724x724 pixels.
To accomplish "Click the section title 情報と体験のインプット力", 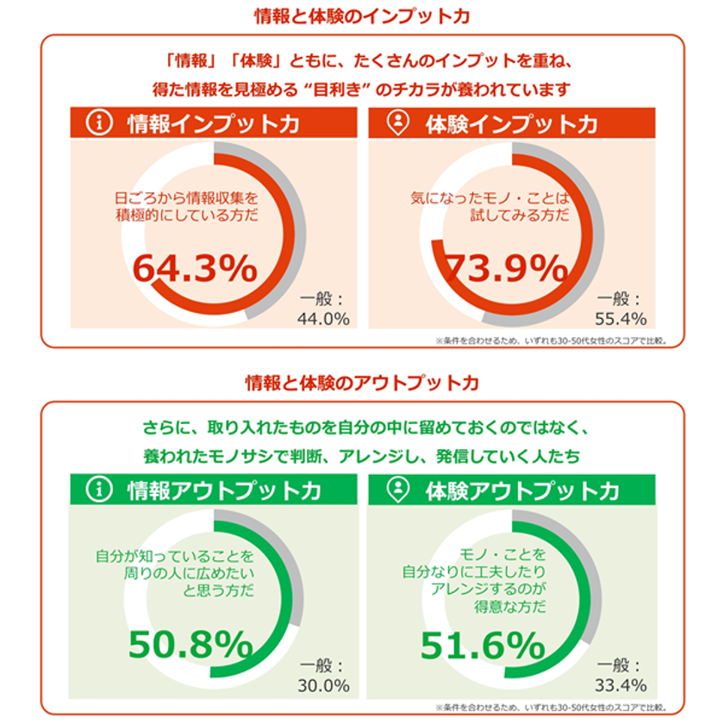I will pyautogui.click(x=362, y=16).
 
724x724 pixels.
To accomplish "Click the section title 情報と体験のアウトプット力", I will pyautogui.click(x=362, y=382).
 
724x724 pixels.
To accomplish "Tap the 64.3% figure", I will pyautogui.click(x=195, y=269).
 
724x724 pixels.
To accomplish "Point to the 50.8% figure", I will pyautogui.click(x=190, y=644).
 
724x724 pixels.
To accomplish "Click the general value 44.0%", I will pyautogui.click(x=324, y=319).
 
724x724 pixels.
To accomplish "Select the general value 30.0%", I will pyautogui.click(x=324, y=686).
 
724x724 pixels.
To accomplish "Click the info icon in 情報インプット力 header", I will pyautogui.click(x=101, y=123).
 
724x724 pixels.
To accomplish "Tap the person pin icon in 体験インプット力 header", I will pyautogui.click(x=398, y=123).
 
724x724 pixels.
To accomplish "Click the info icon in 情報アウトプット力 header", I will pyautogui.click(x=101, y=490).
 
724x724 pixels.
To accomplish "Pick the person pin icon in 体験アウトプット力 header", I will pyautogui.click(x=398, y=490).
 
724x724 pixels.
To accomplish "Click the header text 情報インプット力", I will pyautogui.click(x=213, y=123).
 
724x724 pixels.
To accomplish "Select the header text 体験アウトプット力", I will pyautogui.click(x=522, y=490).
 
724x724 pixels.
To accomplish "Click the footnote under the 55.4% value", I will pyautogui.click(x=551, y=339).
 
